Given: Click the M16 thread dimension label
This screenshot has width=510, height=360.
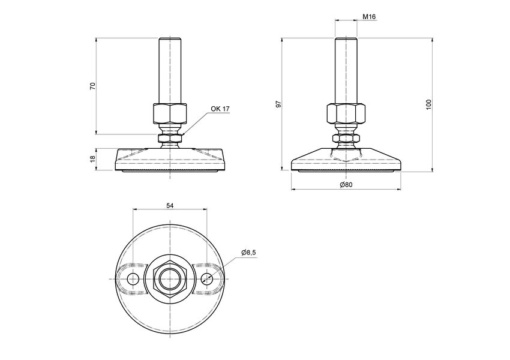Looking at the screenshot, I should (369, 17).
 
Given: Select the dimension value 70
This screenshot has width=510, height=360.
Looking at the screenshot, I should (92, 86).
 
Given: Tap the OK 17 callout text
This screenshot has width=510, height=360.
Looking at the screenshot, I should (220, 109).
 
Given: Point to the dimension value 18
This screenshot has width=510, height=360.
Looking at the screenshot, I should (92, 159).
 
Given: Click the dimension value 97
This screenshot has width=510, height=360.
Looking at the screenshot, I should (278, 104).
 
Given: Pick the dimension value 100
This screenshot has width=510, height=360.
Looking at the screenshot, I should (428, 104).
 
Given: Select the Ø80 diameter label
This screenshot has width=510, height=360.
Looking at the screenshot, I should (346, 185).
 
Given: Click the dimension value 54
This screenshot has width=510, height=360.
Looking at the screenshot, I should (170, 205).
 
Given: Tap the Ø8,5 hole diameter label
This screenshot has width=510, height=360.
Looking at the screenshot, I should (248, 253).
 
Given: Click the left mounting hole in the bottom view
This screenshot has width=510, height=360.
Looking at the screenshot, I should (133, 278).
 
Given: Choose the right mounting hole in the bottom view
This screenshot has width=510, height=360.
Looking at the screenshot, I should (207, 278).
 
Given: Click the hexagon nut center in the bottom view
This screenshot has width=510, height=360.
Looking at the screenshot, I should (170, 278).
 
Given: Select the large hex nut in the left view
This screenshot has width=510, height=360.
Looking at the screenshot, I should (170, 113).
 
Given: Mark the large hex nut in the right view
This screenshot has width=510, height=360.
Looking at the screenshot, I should (346, 113).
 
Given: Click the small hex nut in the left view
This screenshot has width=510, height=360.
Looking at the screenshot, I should (170, 139).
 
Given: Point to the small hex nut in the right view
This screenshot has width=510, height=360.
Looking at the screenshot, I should (346, 139).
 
